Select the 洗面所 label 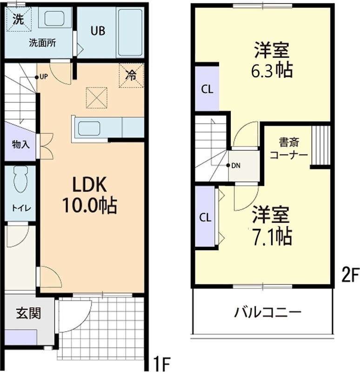[x=42, y=44]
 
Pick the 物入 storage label [x=20, y=144]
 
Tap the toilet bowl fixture [x=20, y=179]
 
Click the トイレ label [x=20, y=208]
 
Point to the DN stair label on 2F [x=236, y=166]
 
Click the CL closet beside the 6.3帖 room [x=207, y=90]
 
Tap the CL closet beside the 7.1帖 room [x=206, y=217]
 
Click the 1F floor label [x=163, y=363]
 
